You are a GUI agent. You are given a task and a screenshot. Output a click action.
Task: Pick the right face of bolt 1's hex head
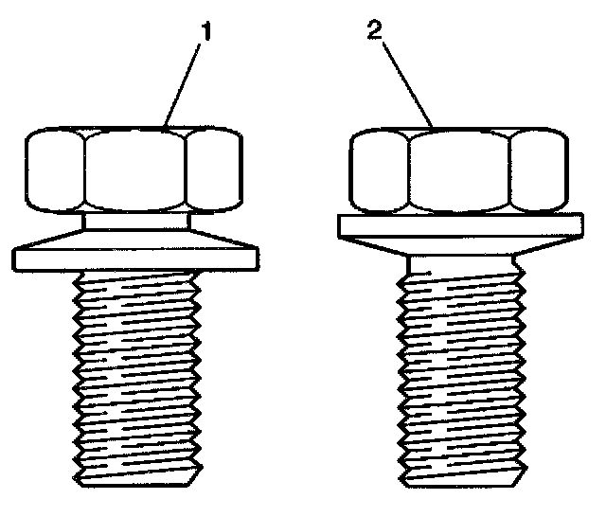click(x=214, y=170)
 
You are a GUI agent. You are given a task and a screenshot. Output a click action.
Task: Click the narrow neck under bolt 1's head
click(x=134, y=221)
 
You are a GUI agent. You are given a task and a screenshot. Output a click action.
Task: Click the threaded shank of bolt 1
click(x=134, y=369)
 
